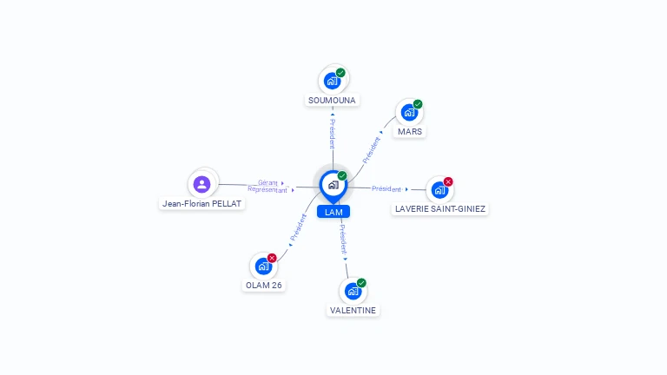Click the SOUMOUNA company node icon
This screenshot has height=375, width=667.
(332, 81)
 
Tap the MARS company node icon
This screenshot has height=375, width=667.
(409, 113)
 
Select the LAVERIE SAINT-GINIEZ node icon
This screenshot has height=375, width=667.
(439, 189)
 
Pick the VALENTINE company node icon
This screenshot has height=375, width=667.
(353, 291)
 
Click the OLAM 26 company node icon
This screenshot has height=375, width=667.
(263, 266)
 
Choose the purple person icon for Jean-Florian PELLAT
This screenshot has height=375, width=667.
(202, 184)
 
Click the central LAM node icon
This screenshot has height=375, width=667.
(333, 184)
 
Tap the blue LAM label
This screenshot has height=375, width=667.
(333, 212)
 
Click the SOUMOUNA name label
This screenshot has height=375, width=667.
(332, 101)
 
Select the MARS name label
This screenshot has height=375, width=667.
(410, 132)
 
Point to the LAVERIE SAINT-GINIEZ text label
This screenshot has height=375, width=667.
(440, 208)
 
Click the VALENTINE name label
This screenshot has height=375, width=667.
(353, 310)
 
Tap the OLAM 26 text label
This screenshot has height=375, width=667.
(264, 286)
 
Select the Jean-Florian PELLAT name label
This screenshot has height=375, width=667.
(202, 204)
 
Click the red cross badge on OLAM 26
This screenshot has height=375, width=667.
(272, 258)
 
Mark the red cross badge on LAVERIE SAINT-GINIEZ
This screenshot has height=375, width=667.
(448, 181)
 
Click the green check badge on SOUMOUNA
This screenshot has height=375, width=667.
(340, 73)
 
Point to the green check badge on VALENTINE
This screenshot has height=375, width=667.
(361, 283)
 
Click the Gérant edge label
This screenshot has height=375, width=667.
(267, 182)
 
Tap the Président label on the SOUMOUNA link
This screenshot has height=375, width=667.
(333, 133)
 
